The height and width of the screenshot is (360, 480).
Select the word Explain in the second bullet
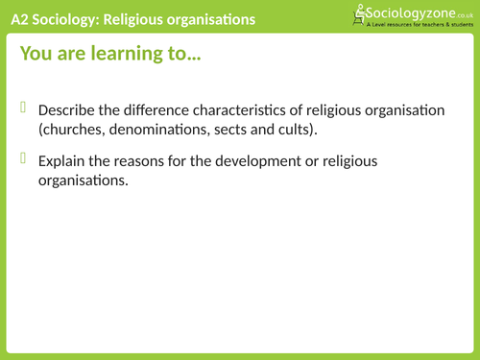[62, 158]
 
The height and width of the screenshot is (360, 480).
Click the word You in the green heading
[35, 56]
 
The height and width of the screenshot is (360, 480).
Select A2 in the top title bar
[21, 18]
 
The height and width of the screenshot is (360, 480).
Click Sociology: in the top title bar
[76, 18]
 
